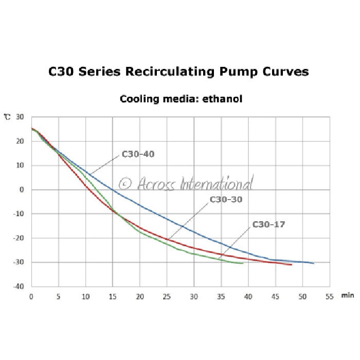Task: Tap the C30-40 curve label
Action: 138,154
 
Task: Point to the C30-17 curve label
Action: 268,225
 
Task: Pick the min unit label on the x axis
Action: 347,297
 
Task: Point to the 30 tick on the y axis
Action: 21,117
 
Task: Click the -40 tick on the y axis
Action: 20,286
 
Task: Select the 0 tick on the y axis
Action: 23,190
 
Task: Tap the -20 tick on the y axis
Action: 20,238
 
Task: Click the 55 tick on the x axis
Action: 329,297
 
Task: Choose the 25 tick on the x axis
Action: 167,297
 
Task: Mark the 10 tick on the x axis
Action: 85,297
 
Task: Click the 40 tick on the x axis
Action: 248,297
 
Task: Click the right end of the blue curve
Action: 313,263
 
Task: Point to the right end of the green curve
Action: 243,263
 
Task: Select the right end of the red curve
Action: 291,264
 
